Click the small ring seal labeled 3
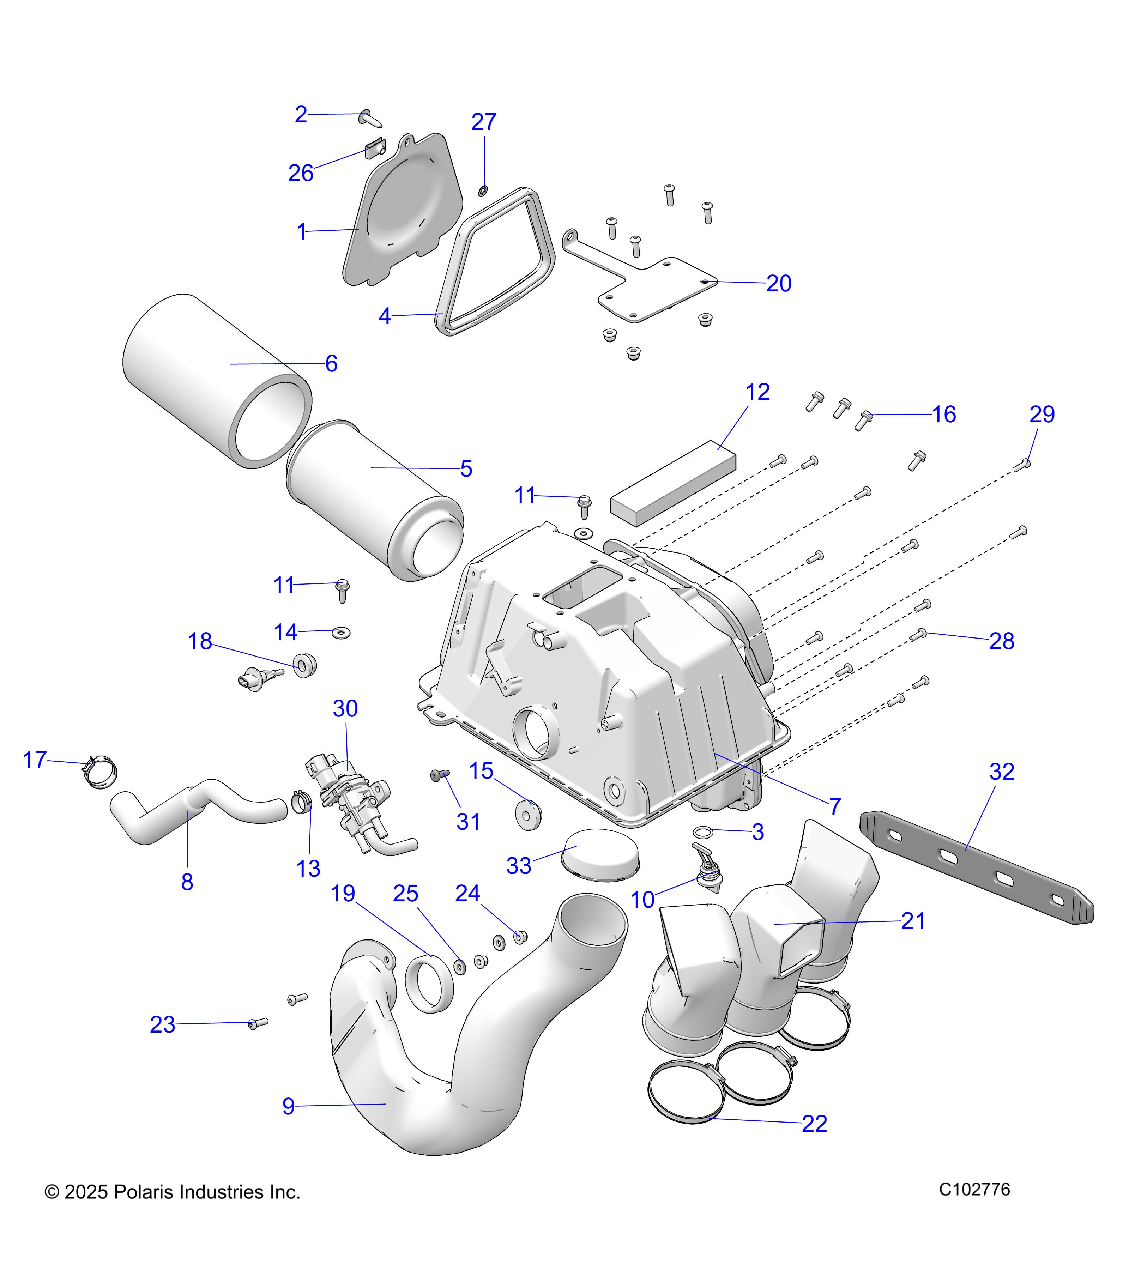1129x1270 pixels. pos(702,831)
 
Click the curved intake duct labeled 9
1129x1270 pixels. pos(398,1094)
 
